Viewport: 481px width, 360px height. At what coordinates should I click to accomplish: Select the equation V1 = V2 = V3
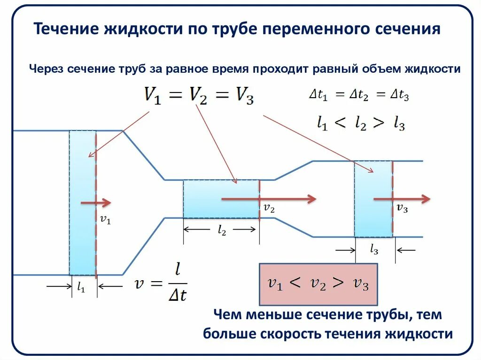[x=199, y=96]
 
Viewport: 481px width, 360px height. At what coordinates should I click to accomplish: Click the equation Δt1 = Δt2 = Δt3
[x=359, y=95]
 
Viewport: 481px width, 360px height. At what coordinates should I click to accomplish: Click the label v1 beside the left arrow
[x=106, y=219]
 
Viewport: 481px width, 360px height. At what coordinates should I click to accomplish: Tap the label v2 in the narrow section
[x=269, y=208]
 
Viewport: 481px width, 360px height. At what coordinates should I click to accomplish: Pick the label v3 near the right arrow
[x=402, y=209]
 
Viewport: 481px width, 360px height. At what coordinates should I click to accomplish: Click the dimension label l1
[x=81, y=289]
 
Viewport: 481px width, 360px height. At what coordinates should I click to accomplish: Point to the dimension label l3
[x=374, y=250]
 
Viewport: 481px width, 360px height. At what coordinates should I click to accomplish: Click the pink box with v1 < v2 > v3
[x=318, y=284]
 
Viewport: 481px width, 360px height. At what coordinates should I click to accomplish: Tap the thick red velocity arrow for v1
[x=96, y=202]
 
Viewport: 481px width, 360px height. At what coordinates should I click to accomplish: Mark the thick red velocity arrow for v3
[x=402, y=199]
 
